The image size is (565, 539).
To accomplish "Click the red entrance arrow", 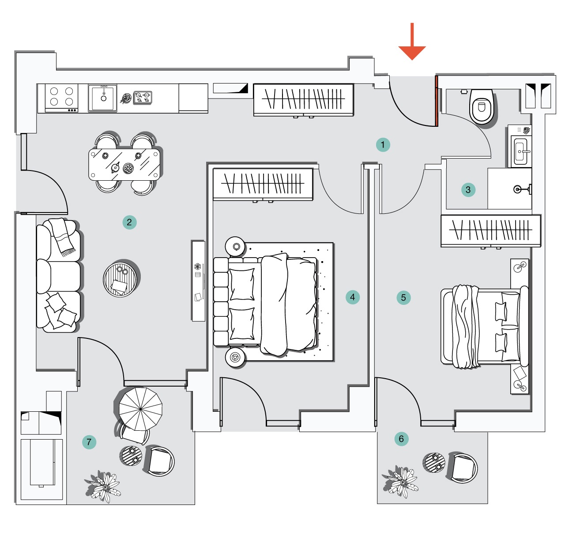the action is coord(412,42).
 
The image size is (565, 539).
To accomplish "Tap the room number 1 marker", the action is coord(383,144).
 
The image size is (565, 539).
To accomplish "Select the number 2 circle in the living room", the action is coord(129,222).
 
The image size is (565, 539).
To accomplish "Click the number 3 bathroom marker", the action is coord(468,190).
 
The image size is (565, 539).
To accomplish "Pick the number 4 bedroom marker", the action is coord(353,297).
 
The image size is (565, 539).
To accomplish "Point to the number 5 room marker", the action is coord(403,297).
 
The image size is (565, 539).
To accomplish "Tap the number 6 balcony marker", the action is coord(401,439).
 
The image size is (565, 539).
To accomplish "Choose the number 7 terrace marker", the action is coord(89,442).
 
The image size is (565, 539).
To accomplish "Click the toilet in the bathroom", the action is coord(482,106).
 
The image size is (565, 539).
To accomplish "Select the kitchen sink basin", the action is coord(102,98).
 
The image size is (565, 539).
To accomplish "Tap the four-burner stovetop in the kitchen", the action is coord(61,98).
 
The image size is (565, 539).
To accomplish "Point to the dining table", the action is coord(124,164).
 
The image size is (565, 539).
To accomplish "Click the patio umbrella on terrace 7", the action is coord(140,409).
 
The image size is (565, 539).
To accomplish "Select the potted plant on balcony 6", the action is coord(400,482).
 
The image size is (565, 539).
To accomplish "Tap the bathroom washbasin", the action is coord(520,151).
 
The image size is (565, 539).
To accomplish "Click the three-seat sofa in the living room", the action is coord(58,276).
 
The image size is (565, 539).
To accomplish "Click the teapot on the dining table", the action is coord(115,167).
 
